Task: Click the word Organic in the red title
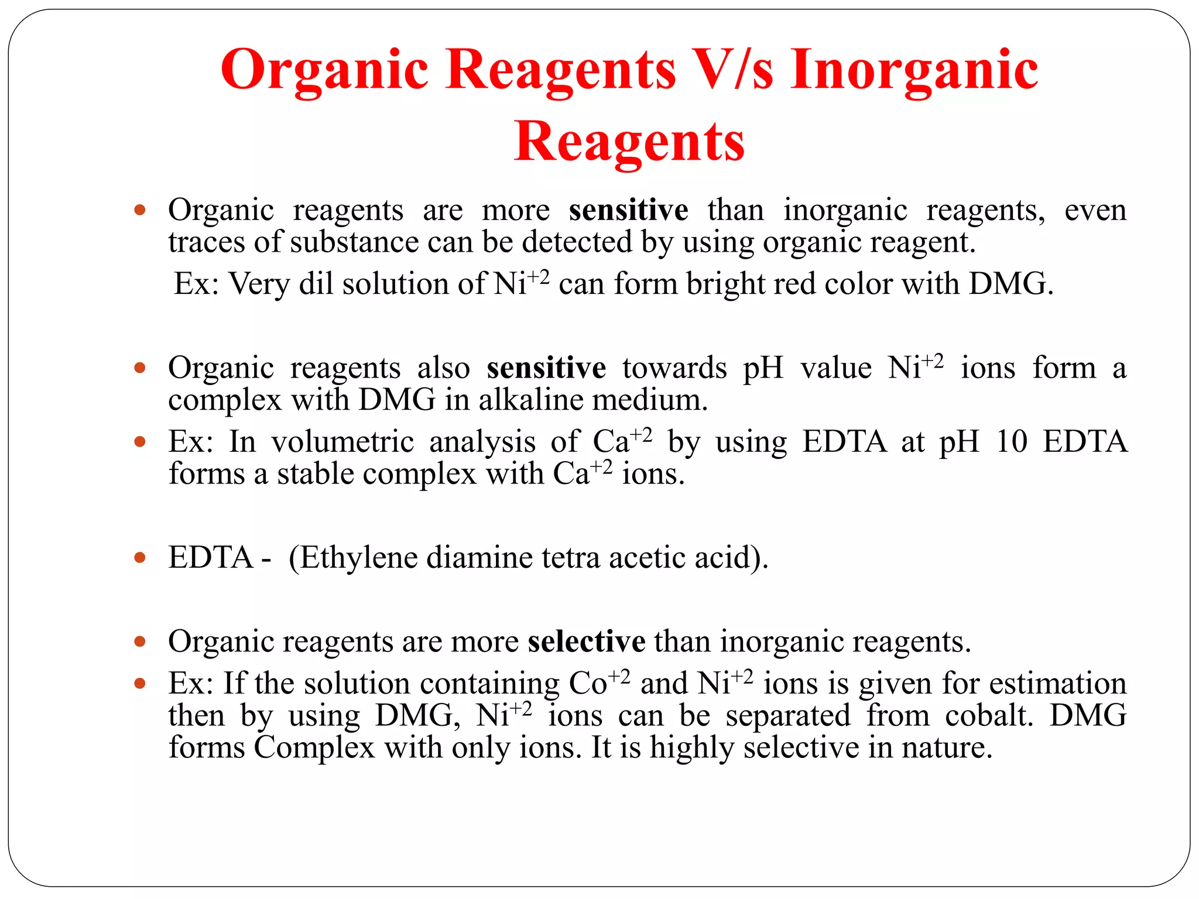point(324,70)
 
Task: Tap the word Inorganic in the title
point(914,70)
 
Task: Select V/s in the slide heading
point(732,70)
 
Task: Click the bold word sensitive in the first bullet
point(628,210)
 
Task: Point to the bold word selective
point(586,641)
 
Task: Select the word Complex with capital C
point(314,748)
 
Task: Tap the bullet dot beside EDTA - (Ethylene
point(139,558)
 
